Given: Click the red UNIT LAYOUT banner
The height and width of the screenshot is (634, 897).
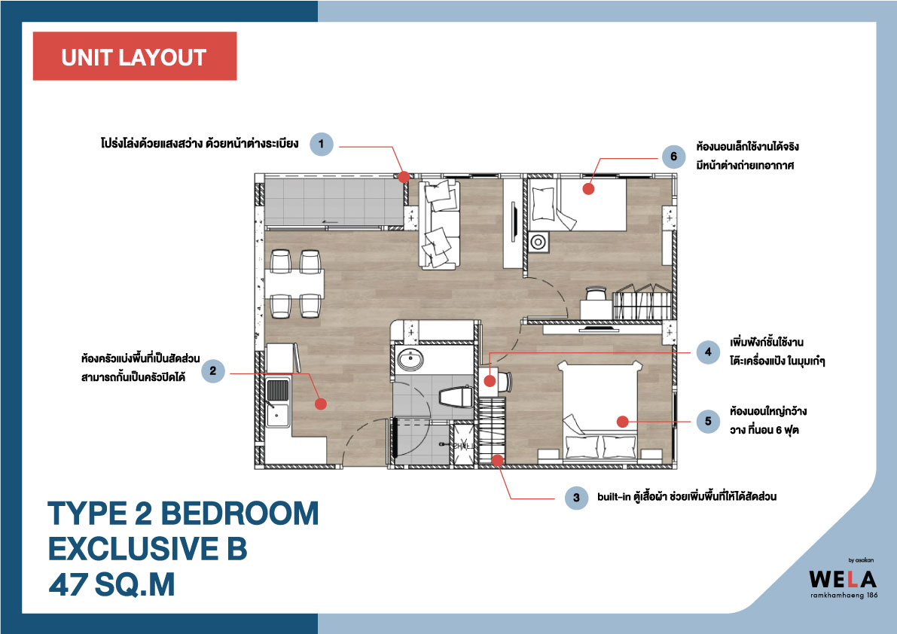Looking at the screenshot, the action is [135, 56].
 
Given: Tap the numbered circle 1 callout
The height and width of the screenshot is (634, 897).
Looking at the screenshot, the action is [322, 144].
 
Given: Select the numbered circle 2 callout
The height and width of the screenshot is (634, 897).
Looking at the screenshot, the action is [213, 371].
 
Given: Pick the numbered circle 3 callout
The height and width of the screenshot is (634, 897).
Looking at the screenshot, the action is [576, 498].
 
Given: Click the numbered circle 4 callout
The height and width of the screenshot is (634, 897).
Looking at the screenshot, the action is [708, 352].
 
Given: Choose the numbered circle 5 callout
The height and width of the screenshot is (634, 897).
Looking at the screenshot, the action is [708, 422].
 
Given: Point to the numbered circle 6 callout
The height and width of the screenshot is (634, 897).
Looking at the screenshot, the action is [674, 156].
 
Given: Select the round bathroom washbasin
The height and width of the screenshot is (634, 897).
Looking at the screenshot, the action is [410, 360].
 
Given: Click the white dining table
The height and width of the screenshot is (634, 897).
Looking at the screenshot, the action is [294, 284].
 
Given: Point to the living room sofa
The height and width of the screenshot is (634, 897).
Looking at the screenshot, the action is [439, 224].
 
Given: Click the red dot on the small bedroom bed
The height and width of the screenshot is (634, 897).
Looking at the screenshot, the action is [588, 189].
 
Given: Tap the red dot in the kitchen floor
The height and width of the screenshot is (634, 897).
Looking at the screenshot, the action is [321, 404].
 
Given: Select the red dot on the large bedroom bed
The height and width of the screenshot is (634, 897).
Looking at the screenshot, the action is [623, 422].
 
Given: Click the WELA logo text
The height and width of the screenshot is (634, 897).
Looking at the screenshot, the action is [843, 579].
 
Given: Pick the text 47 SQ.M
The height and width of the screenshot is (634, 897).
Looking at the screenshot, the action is [111, 584].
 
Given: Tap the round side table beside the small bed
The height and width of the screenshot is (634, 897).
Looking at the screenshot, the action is [538, 242].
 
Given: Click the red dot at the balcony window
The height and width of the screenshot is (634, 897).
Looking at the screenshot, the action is [404, 177].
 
